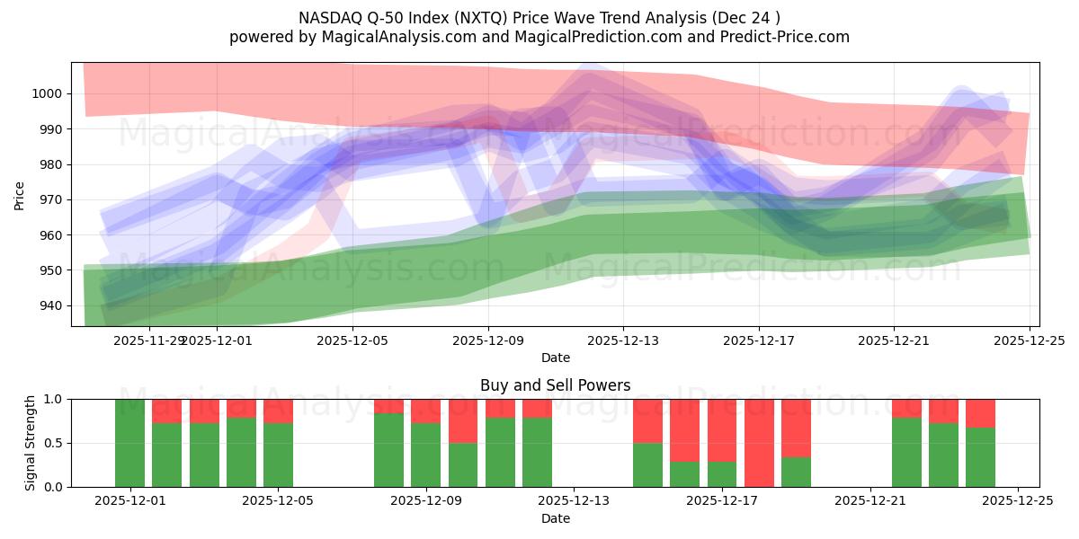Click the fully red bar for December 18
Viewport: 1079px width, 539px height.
[x=759, y=443]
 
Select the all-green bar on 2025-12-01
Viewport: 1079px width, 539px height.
[x=129, y=443]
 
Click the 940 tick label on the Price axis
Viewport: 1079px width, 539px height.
[x=50, y=305]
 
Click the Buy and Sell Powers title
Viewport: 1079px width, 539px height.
[x=555, y=385]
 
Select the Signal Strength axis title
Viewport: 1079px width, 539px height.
[x=30, y=443]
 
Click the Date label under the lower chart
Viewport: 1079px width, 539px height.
[x=555, y=518]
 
